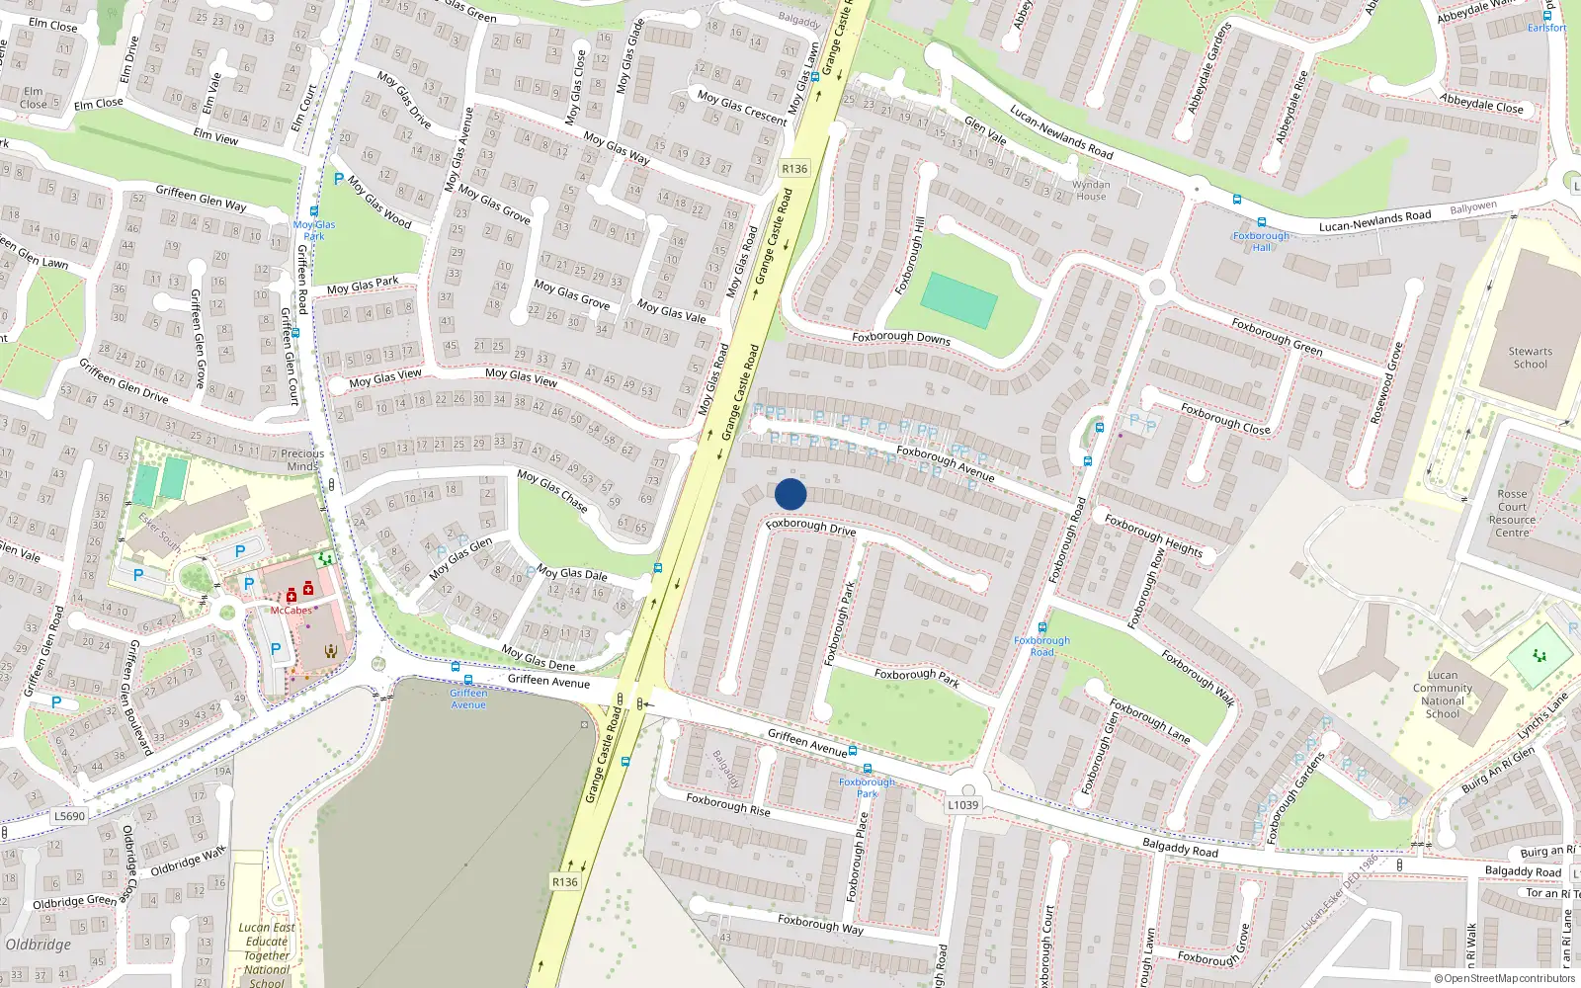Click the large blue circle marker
[x=790, y=494]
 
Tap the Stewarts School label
[x=1530, y=358]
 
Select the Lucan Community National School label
[x=1443, y=695]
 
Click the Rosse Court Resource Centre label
[x=1512, y=513]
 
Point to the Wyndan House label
[x=1091, y=190]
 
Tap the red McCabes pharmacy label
[x=291, y=611]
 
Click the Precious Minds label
[x=302, y=460]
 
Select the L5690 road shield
[x=69, y=816]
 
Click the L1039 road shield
[x=962, y=804]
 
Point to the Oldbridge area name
[x=39, y=945]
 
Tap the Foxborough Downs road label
[x=901, y=337]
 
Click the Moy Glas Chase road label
[x=552, y=491]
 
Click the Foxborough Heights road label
[x=1153, y=535]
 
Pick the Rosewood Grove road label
[x=1386, y=383]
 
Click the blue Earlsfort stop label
[x=1546, y=28]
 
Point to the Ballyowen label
[x=1473, y=207]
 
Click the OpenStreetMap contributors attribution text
[x=1504, y=978]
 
